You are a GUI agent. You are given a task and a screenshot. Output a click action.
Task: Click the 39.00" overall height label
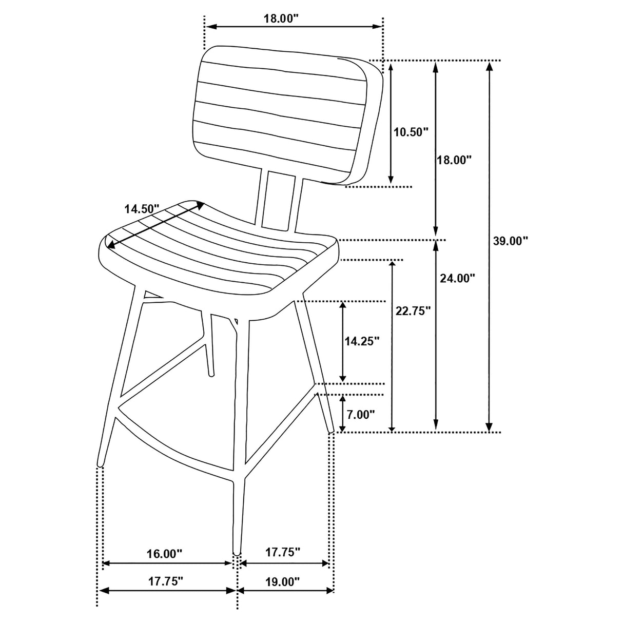[510, 241]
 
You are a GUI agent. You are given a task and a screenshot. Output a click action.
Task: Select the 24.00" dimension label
[457, 278]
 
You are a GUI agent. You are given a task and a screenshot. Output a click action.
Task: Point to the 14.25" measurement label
[362, 341]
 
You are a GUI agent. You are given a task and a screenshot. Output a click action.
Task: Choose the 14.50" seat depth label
[142, 209]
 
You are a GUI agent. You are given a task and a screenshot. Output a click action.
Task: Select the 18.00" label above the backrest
[281, 18]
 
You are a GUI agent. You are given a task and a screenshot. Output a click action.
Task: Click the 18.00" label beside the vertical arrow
[454, 160]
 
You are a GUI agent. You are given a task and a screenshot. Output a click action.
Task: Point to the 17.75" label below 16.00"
[166, 582]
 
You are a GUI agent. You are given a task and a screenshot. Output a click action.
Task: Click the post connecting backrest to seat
[278, 200]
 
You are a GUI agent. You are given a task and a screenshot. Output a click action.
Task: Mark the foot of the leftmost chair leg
[100, 464]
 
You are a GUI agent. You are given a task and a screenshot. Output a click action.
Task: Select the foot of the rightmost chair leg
[330, 430]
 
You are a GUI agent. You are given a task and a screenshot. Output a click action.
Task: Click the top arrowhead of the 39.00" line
[490, 66]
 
